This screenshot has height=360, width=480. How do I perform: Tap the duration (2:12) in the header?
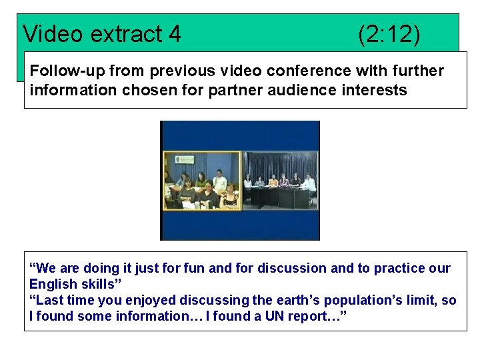(x=389, y=33)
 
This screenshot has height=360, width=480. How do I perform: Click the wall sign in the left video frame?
(x=185, y=159)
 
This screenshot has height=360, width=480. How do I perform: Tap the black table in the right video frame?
(x=280, y=198)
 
